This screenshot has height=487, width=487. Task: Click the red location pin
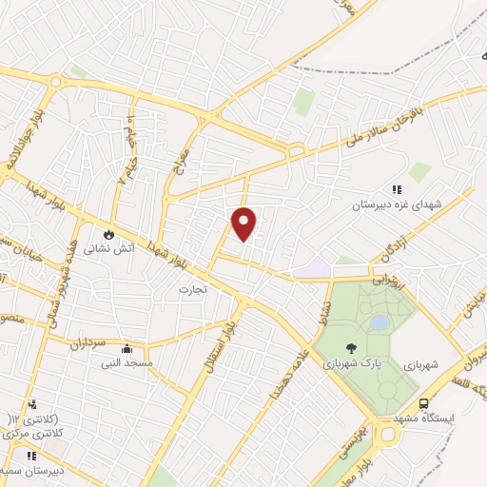point(244,223)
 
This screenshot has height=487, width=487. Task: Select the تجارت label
point(193,286)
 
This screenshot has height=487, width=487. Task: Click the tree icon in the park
point(352,348)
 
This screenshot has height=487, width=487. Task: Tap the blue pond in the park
point(380,322)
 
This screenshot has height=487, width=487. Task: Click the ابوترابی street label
point(389,282)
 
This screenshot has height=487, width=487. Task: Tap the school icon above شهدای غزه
point(397,189)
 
